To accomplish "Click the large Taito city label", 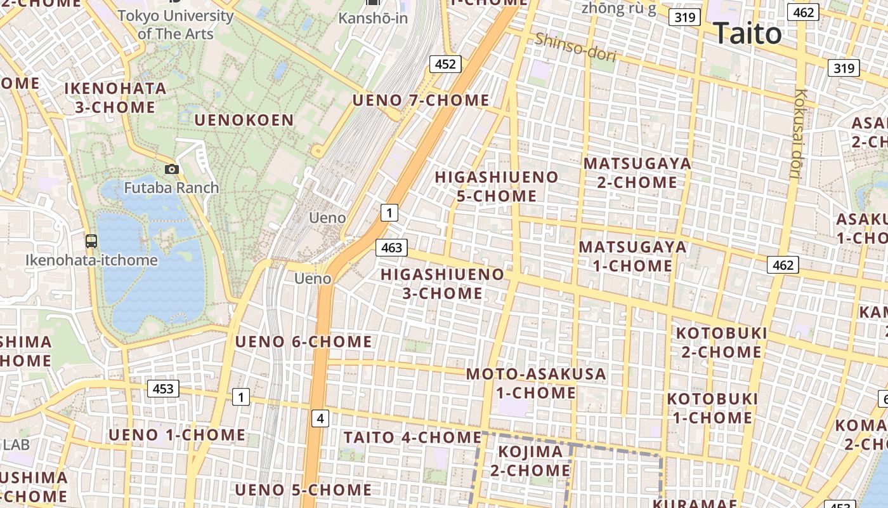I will click(747, 33).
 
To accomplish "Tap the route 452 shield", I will click(445, 63).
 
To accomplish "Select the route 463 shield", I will click(391, 248).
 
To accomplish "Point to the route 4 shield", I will click(320, 418).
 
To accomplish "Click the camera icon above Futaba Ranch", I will click(171, 169).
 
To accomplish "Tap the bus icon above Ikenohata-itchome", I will click(91, 241).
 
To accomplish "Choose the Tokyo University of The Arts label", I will click(176, 24).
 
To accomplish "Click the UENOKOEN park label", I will click(244, 120).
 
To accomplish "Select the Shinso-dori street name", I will click(575, 48).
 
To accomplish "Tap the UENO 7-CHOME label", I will click(421, 100).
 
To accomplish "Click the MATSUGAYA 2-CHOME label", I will click(637, 173).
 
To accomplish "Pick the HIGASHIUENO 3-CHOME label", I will click(443, 284).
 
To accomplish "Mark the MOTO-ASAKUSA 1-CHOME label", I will click(536, 383).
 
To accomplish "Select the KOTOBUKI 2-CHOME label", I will click(722, 342).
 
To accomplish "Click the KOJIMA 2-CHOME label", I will click(530, 461).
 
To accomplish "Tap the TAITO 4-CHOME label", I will click(412, 438).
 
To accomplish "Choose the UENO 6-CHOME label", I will click(303, 342).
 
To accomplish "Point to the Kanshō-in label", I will click(373, 18).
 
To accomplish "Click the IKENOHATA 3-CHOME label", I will click(115, 97).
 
